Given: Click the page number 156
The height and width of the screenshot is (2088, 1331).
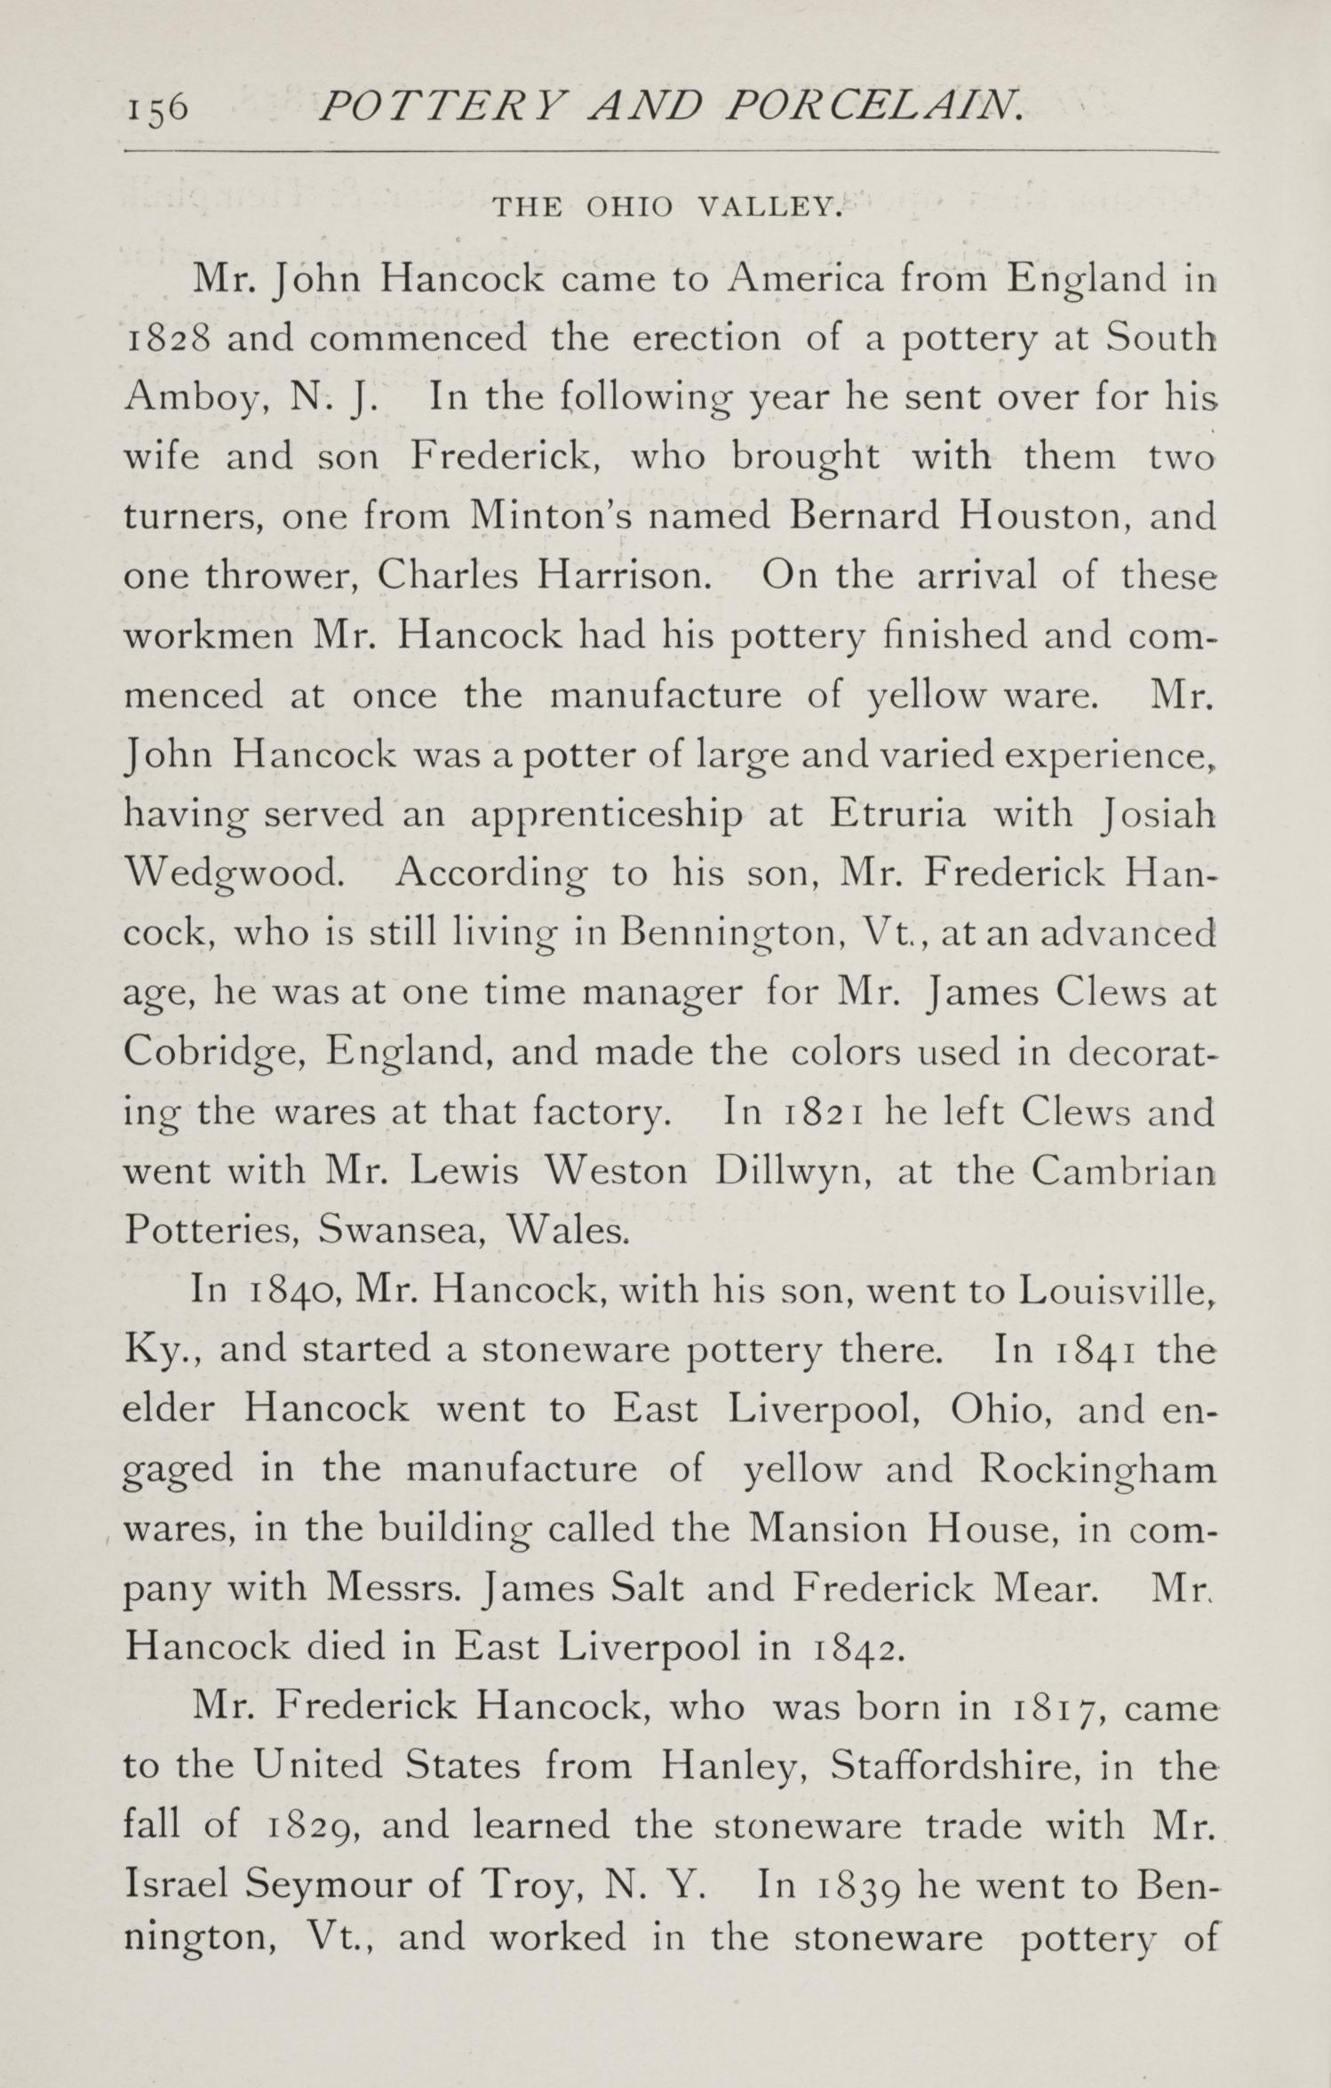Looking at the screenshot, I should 155,109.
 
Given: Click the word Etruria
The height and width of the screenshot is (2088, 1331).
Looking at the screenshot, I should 897,815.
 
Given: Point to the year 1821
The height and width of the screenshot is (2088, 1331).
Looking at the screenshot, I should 822,1112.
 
